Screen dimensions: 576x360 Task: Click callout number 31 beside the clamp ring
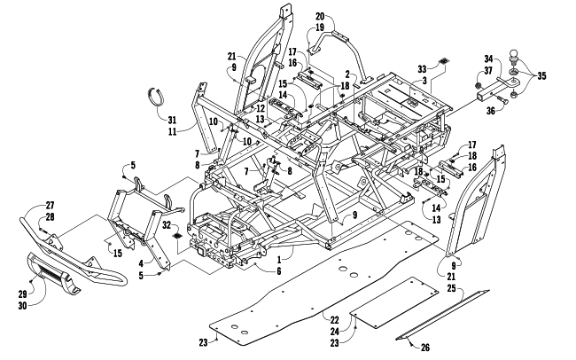(172, 120)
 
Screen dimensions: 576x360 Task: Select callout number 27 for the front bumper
(50, 206)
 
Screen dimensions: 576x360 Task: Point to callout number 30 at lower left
(22, 305)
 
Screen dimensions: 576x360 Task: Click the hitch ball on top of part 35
(514, 57)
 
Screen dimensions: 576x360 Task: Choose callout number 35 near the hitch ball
(541, 75)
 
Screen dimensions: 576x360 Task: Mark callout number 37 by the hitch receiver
(488, 70)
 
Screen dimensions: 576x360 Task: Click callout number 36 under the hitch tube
(491, 110)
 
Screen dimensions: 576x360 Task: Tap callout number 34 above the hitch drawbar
(488, 59)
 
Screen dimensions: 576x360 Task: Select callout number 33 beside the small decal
(423, 69)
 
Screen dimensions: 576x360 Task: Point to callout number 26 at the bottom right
(425, 347)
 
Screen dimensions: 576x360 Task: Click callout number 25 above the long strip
(451, 288)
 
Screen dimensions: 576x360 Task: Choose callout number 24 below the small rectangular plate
(334, 332)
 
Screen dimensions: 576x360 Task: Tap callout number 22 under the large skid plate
(334, 320)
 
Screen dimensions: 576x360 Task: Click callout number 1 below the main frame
(279, 260)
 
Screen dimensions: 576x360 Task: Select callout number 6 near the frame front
(279, 271)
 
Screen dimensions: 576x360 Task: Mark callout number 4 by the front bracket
(141, 263)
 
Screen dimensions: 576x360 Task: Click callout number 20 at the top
(320, 16)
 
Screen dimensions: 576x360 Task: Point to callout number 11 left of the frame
(172, 131)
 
